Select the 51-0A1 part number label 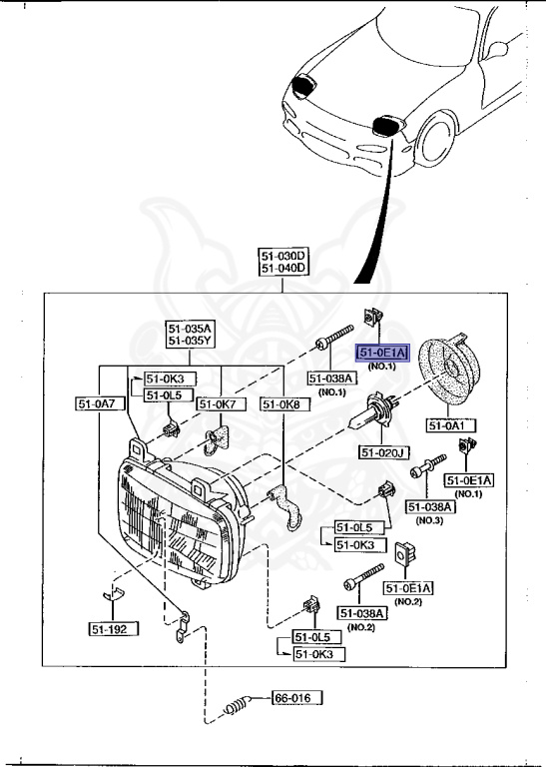(x=451, y=425)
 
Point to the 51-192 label (x=112, y=629)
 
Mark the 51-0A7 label (x=97, y=403)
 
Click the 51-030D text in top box (x=283, y=256)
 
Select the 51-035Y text (x=190, y=342)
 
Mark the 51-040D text (x=283, y=269)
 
